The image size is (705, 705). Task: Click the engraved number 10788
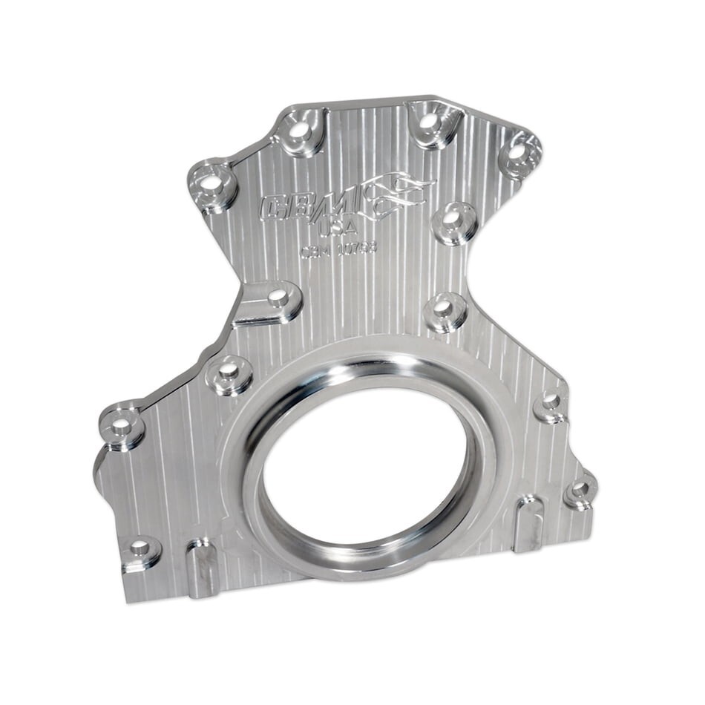(x=357, y=248)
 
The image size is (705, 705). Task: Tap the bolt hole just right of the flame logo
(x=453, y=218)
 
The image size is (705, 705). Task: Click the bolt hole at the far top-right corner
(x=517, y=152)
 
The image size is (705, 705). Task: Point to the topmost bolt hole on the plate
(x=429, y=119)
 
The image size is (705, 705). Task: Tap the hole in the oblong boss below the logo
(x=278, y=297)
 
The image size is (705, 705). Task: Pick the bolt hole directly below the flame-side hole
(x=443, y=306)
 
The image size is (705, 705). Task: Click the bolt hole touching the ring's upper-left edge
(x=229, y=369)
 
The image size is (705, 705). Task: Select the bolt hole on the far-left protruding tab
(x=119, y=425)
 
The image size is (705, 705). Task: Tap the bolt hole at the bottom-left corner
(x=140, y=549)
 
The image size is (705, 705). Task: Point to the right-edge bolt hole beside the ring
(x=550, y=401)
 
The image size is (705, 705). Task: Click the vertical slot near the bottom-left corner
(x=202, y=567)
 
